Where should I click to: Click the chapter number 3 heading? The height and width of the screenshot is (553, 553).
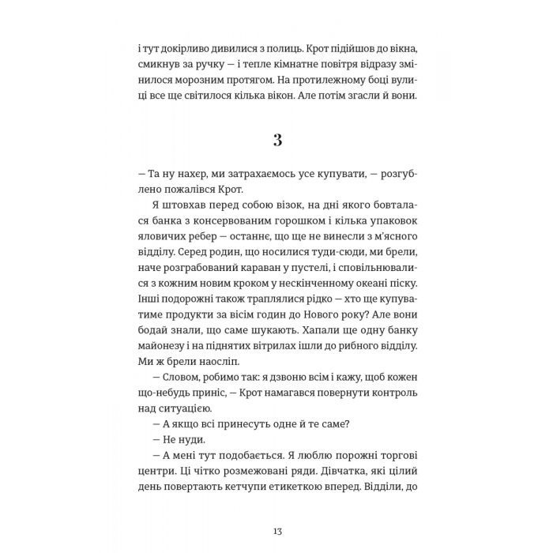pos(276,141)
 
